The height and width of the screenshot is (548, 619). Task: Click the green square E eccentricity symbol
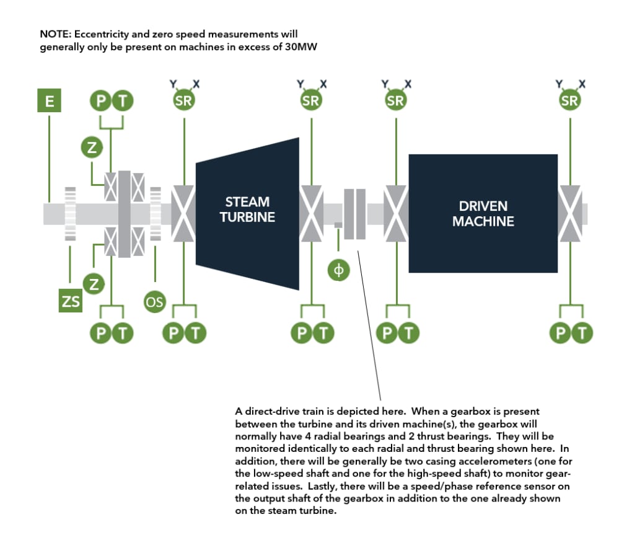pyautogui.click(x=49, y=101)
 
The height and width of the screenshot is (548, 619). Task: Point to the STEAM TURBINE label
pyautogui.click(x=247, y=210)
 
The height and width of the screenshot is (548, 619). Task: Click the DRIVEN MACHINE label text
pyautogui.click(x=483, y=213)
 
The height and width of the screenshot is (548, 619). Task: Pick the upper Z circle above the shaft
pyautogui.click(x=92, y=148)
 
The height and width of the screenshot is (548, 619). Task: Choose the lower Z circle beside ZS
pyautogui.click(x=94, y=285)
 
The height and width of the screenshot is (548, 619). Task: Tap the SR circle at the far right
pyautogui.click(x=569, y=101)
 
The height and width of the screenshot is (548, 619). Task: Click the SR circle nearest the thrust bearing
pyautogui.click(x=184, y=101)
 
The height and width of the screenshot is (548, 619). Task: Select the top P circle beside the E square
pyautogui.click(x=100, y=101)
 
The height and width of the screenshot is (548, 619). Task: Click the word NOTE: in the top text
pyautogui.click(x=55, y=33)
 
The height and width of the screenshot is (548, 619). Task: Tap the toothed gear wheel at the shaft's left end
pyautogui.click(x=70, y=213)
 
